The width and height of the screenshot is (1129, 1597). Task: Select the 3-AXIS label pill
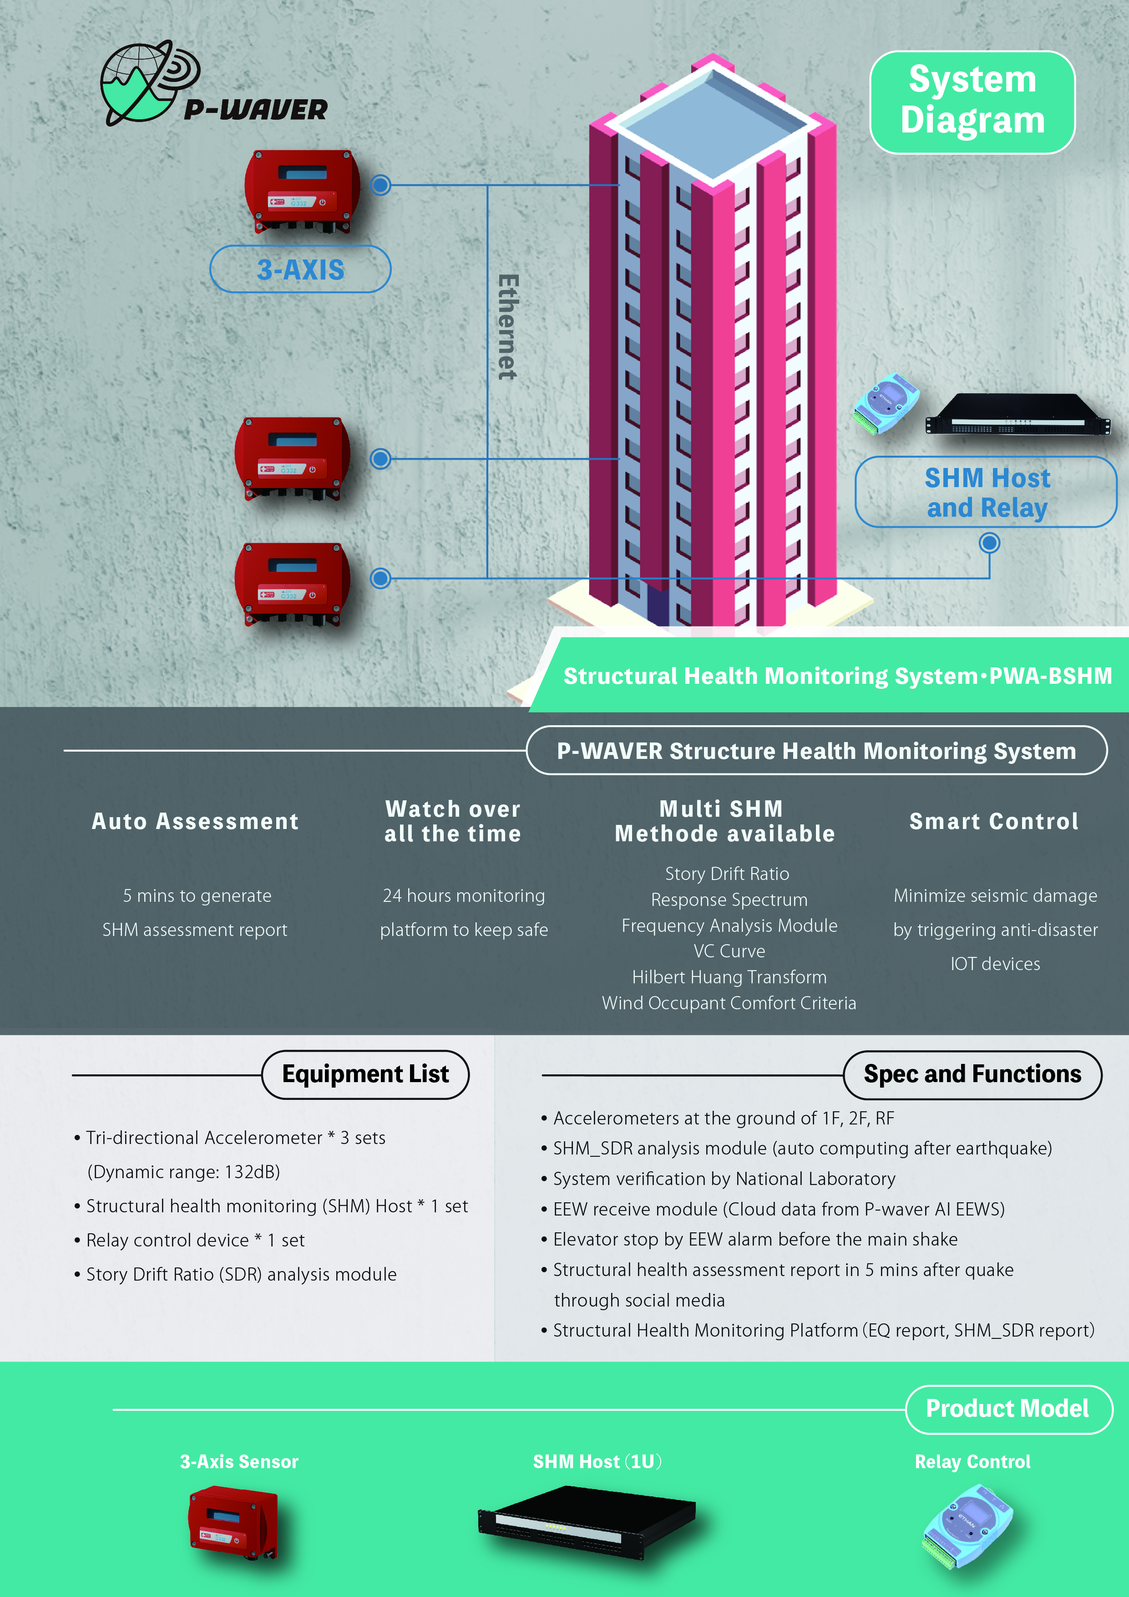click(300, 269)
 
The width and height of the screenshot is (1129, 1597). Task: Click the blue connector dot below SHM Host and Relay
click(989, 543)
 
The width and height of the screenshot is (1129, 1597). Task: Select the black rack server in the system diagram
click(1018, 415)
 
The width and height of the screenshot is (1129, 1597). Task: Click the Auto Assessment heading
click(195, 821)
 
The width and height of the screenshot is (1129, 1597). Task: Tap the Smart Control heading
click(994, 821)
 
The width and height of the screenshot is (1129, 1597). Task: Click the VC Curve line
click(729, 951)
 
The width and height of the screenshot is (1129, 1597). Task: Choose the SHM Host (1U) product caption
click(597, 1461)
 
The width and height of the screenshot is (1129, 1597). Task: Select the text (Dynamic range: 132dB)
click(183, 1172)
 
